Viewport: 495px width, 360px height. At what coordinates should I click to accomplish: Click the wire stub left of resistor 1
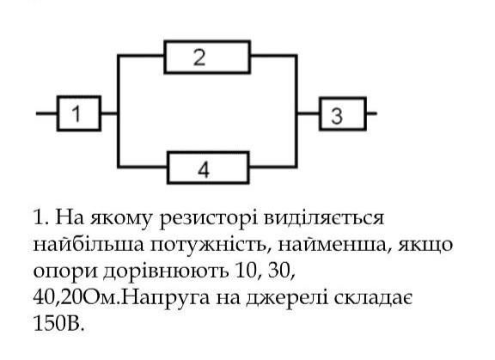pyautogui.click(x=46, y=113)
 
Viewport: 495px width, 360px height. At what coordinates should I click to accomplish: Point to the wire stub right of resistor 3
pyautogui.click(x=372, y=113)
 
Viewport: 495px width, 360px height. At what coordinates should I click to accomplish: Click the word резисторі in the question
pyautogui.click(x=208, y=218)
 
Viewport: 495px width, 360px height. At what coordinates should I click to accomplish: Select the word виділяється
pyautogui.click(x=324, y=217)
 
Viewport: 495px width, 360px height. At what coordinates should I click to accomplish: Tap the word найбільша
pyautogui.click(x=89, y=244)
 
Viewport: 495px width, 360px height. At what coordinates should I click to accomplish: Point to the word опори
pyautogui.click(x=65, y=272)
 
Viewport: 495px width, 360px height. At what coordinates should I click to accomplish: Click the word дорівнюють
pyautogui.click(x=166, y=272)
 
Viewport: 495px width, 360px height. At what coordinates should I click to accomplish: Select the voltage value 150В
pyautogui.click(x=58, y=322)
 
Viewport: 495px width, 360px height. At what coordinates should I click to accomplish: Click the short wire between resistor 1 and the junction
pyautogui.click(x=109, y=113)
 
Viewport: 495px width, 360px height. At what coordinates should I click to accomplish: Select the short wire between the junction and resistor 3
pyautogui.click(x=309, y=113)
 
